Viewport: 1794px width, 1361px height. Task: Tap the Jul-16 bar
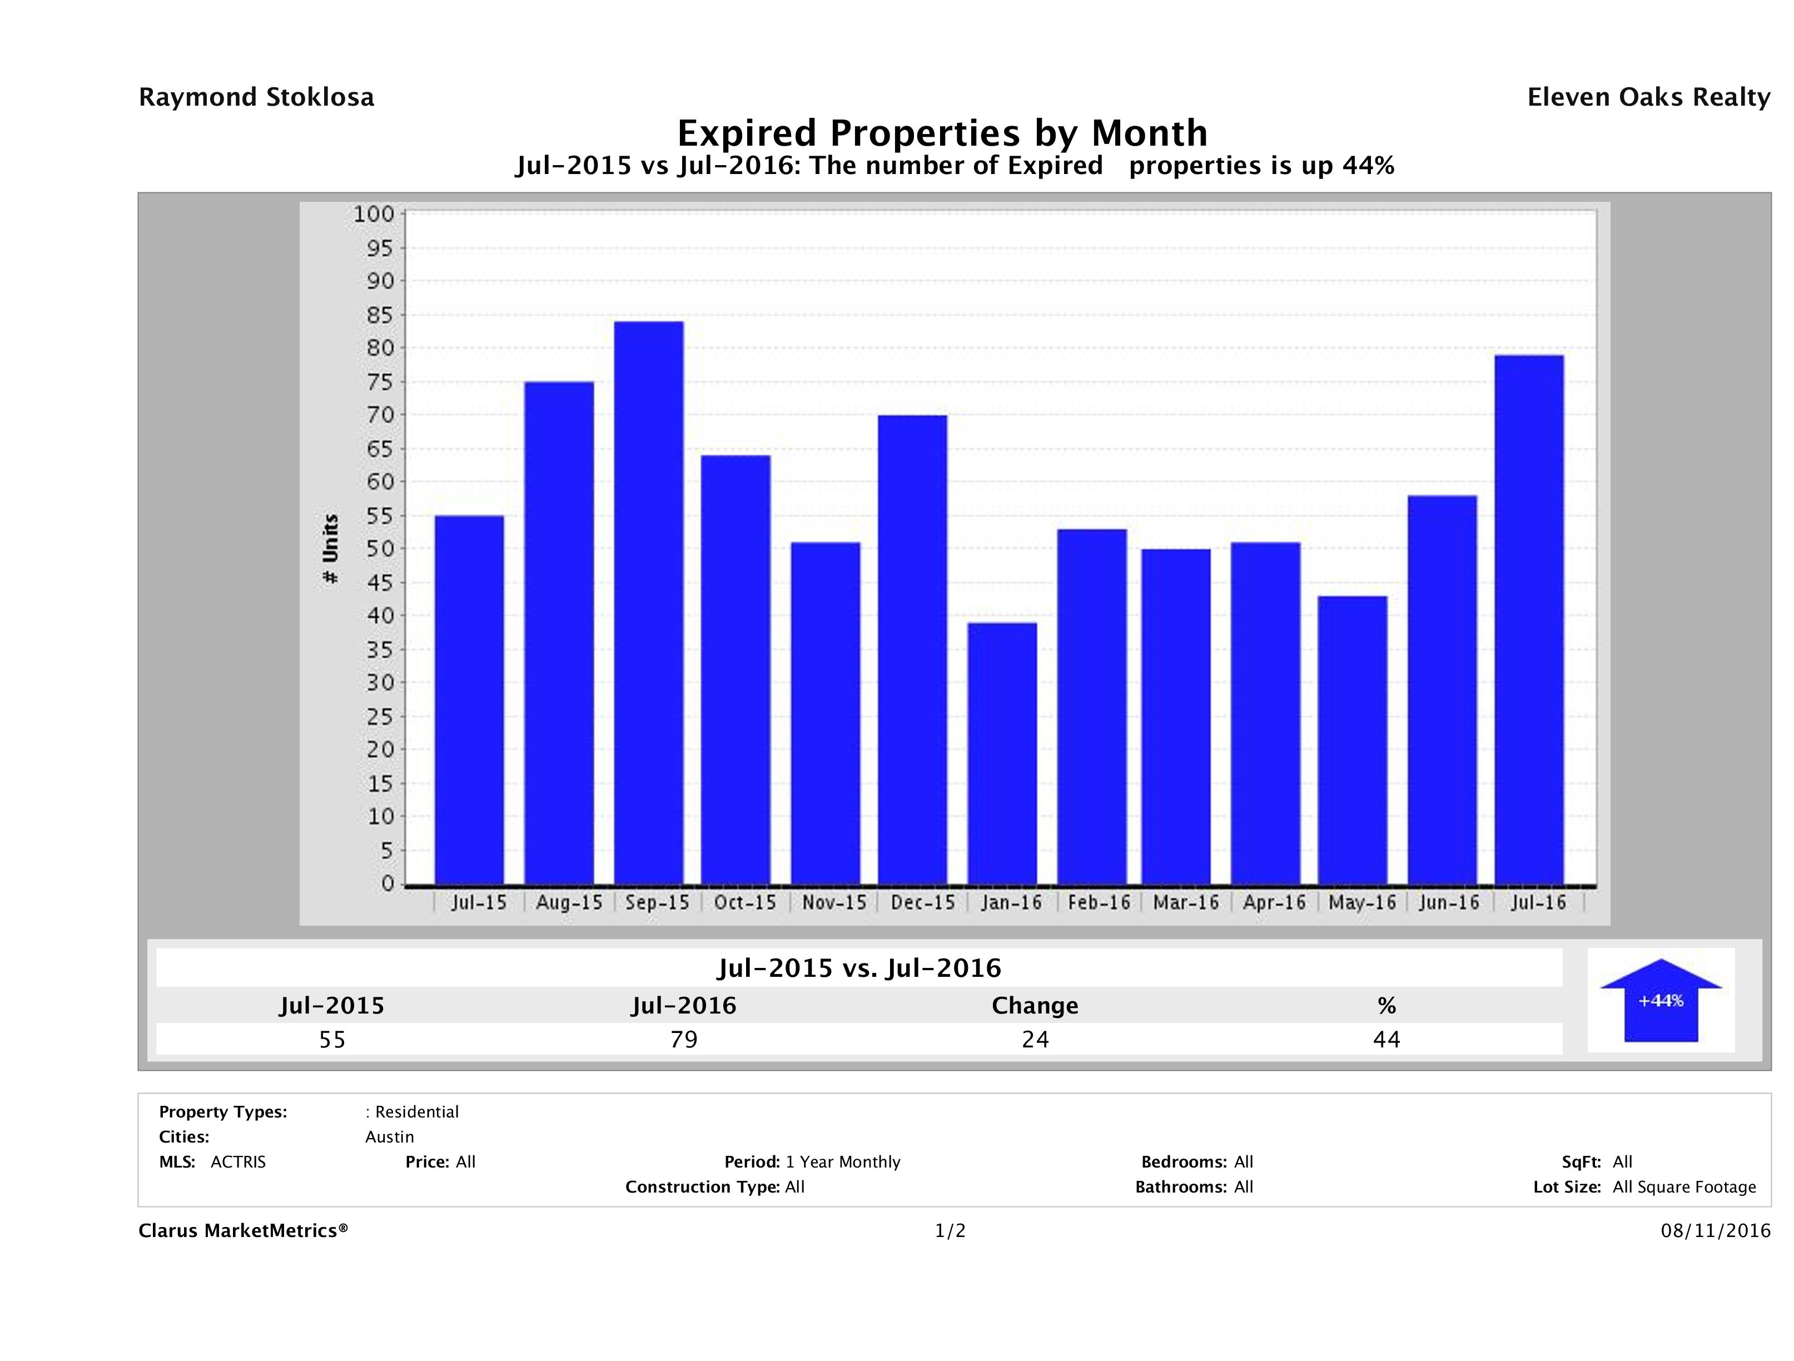[x=1529, y=620]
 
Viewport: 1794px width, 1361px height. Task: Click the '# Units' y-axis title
[x=330, y=549]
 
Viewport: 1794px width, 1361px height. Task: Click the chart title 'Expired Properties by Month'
[x=942, y=132]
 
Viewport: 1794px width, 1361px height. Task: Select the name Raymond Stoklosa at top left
[x=256, y=97]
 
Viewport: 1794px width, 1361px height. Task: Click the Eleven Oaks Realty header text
[x=1648, y=97]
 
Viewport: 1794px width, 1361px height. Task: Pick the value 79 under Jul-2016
[x=684, y=1040]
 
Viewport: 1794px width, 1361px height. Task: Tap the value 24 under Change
[x=1035, y=1040]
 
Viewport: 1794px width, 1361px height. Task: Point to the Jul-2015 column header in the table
[x=332, y=1006]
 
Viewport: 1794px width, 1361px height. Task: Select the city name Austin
[x=389, y=1137]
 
